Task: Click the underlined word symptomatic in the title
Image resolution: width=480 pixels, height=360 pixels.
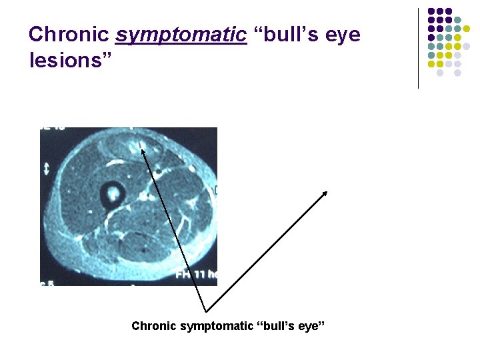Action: pos(181,35)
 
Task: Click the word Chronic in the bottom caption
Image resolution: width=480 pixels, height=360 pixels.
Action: pos(153,326)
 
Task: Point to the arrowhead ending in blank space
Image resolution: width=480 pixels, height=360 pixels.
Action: pos(325,193)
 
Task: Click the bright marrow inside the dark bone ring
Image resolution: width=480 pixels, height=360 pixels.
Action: pos(112,194)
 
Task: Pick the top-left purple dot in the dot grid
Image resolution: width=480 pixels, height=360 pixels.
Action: pos(431,11)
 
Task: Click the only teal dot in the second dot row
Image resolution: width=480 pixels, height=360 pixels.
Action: pos(457,20)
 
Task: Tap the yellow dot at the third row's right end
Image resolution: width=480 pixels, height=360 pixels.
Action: pos(466,29)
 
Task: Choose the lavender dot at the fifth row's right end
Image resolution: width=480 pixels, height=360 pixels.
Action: pos(466,47)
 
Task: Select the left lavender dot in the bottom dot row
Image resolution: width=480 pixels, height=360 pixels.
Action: pos(440,73)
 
